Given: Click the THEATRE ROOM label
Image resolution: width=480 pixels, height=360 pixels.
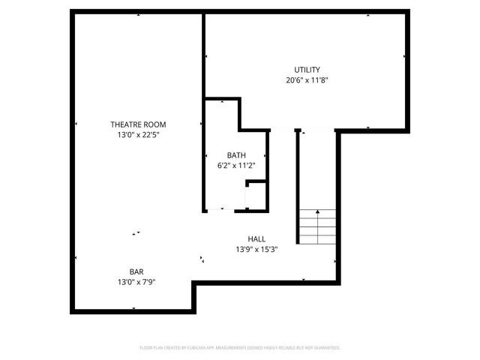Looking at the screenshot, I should [138, 124].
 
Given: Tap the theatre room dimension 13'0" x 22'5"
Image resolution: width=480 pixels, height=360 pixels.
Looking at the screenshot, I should [138, 135].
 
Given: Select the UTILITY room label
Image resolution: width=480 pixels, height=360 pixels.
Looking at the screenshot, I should [307, 70].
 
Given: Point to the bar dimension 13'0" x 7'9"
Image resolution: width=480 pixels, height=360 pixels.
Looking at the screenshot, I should [136, 283].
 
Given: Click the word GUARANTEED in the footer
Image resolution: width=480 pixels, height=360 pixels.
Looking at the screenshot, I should [326, 348].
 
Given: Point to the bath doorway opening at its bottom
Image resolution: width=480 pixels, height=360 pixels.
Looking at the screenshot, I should [225, 211].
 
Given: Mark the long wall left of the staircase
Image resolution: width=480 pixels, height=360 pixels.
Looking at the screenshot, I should [298, 184].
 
